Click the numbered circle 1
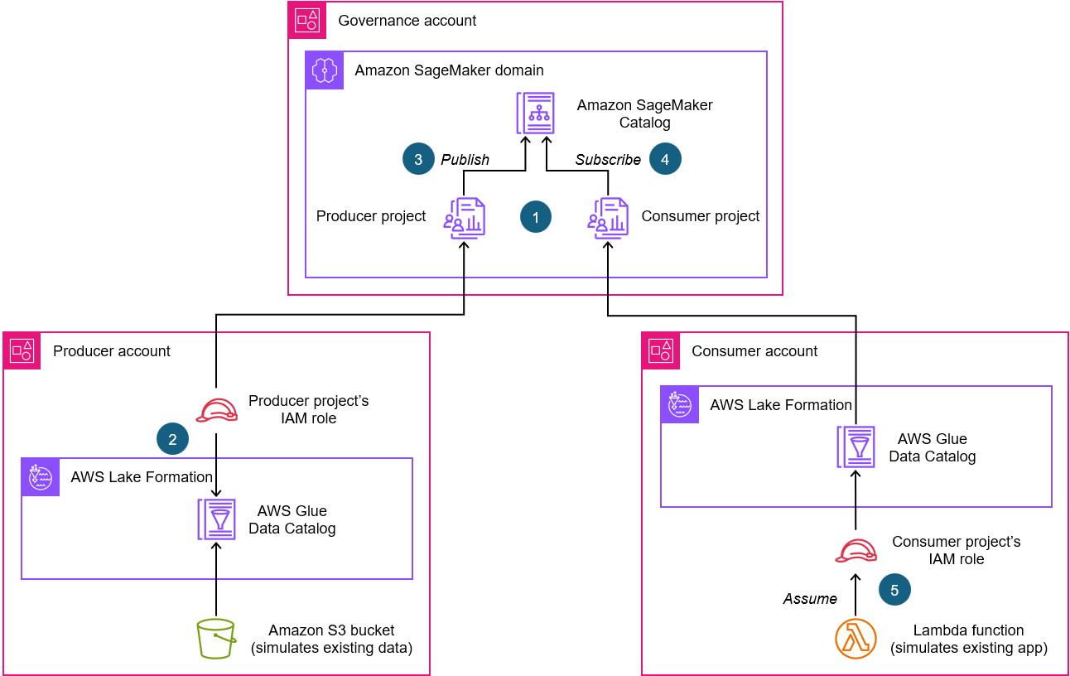[536, 217]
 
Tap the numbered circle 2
[172, 440]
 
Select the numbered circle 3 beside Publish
[418, 159]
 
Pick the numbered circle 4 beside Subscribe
[666, 159]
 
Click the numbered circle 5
[895, 589]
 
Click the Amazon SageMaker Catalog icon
[535, 113]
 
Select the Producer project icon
[464, 219]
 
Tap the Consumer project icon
[609, 219]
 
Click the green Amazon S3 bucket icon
[216, 639]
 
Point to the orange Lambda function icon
[856, 639]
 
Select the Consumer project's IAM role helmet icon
[856, 550]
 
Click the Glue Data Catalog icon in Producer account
[216, 519]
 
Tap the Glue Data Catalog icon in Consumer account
[856, 447]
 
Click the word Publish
[465, 159]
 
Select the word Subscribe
[608, 159]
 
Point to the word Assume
[810, 598]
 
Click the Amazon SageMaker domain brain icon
[325, 70]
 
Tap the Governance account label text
[407, 21]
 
